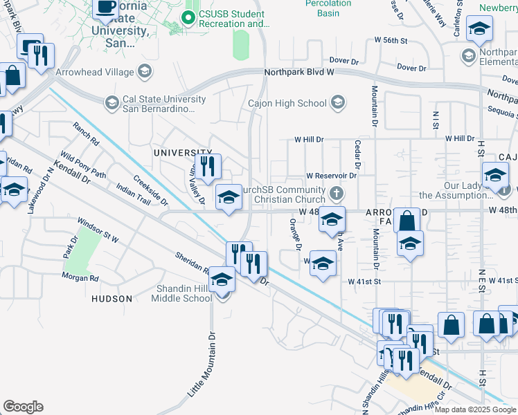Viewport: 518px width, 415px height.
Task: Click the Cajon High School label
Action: pyautogui.click(x=287, y=104)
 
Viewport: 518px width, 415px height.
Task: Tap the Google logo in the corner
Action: pyautogui.click(x=23, y=407)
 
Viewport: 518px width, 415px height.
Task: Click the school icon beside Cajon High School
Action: pyautogui.click(x=338, y=104)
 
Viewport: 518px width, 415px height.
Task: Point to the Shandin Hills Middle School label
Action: pyautogui.click(x=182, y=294)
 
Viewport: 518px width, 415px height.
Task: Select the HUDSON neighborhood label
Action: pyautogui.click(x=111, y=299)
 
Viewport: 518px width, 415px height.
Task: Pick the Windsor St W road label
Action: pyautogui.click(x=98, y=231)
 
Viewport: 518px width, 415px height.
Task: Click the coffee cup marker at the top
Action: pyautogui.click(x=106, y=8)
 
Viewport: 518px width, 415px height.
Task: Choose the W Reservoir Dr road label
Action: pyautogui.click(x=330, y=176)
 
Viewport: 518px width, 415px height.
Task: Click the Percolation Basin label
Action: pyautogui.click(x=328, y=8)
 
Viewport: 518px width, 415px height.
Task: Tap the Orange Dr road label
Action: pyautogui.click(x=296, y=234)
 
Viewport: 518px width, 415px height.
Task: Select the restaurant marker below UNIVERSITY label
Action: pyautogui.click(x=207, y=166)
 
